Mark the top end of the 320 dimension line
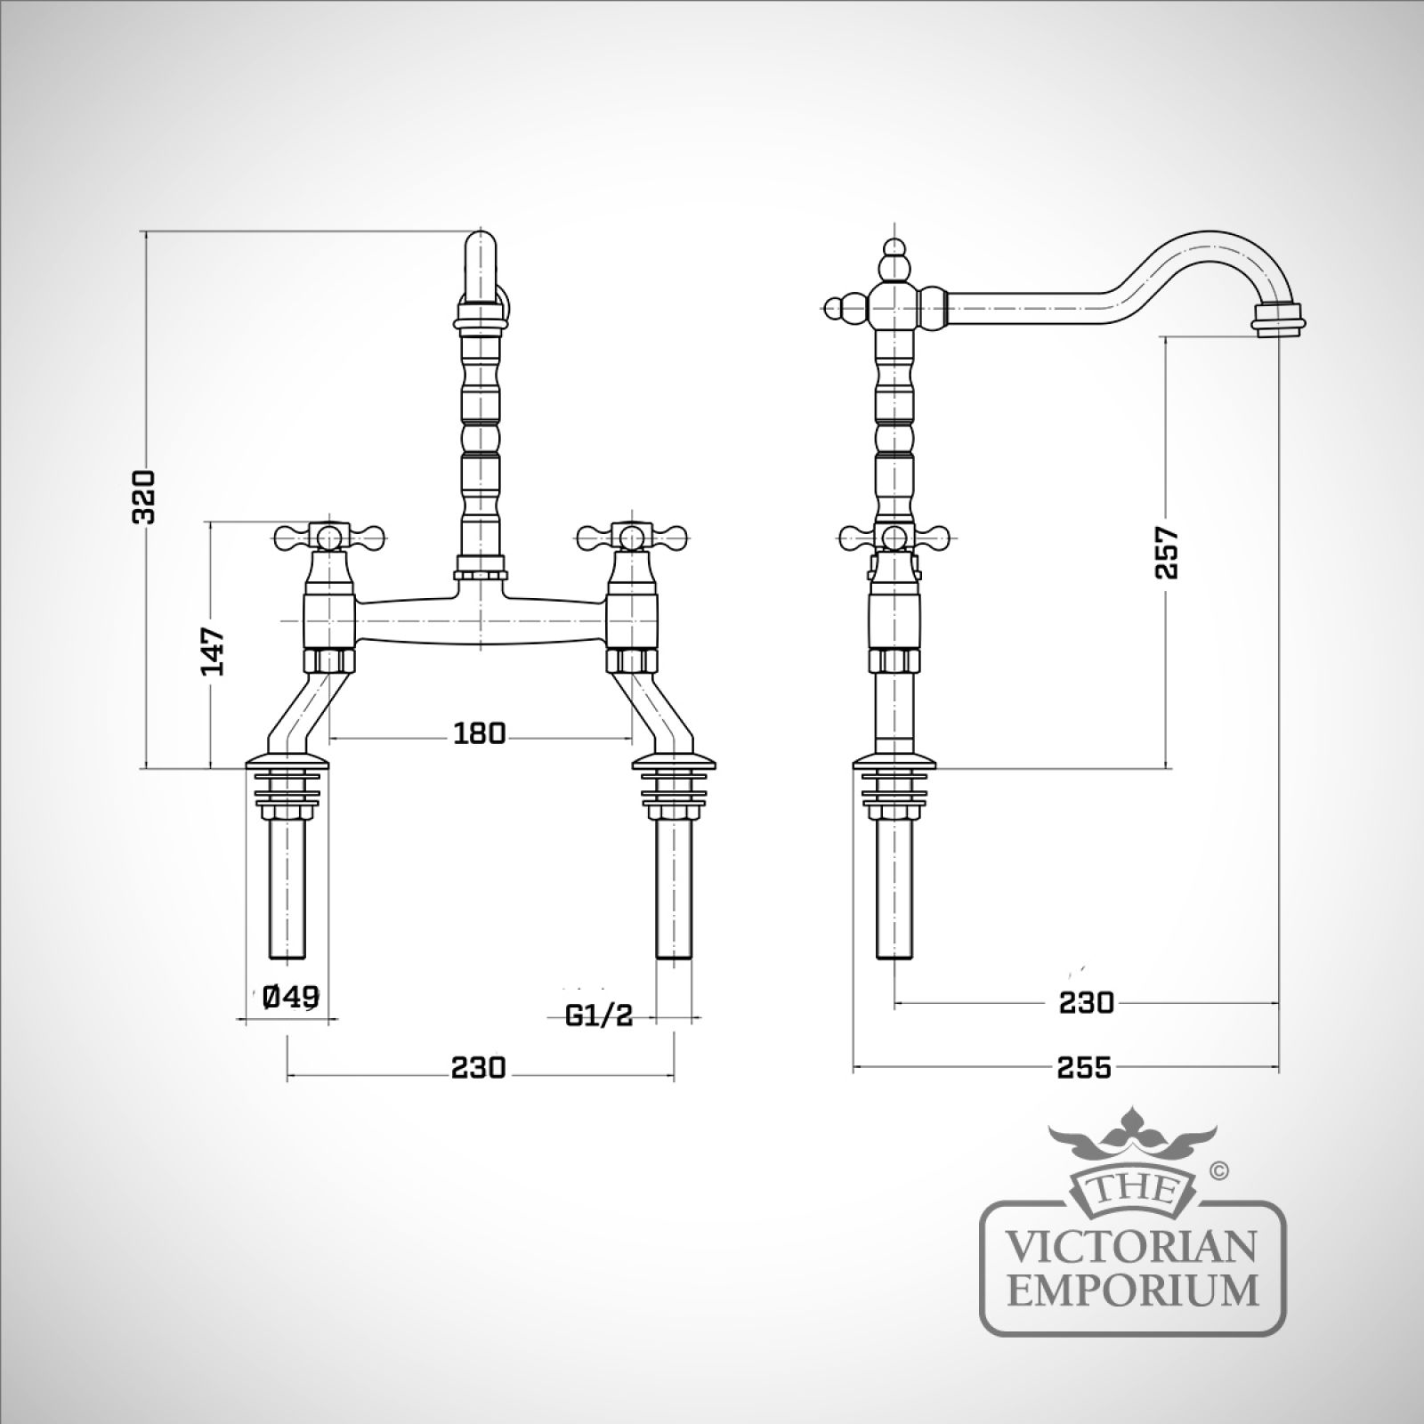pyautogui.click(x=146, y=232)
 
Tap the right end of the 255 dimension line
pyautogui.click(x=1279, y=1066)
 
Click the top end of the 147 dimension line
pyautogui.click(x=212, y=523)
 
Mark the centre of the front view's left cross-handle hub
pyautogui.click(x=329, y=537)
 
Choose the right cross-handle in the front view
pyautogui.click(x=632, y=537)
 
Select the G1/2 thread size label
pyautogui.click(x=599, y=1015)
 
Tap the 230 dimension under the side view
pyautogui.click(x=1086, y=1003)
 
